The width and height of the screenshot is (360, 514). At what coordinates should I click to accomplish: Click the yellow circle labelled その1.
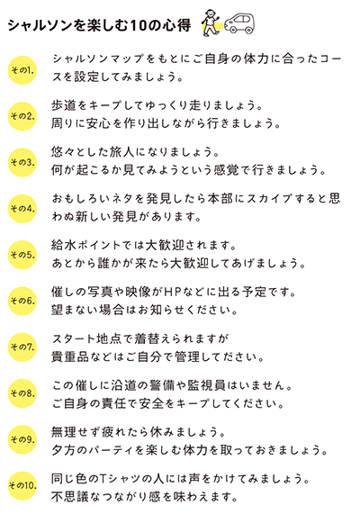tap(22, 70)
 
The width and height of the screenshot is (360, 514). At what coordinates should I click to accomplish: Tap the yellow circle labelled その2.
tap(22, 116)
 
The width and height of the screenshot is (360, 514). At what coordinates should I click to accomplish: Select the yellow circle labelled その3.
tap(22, 163)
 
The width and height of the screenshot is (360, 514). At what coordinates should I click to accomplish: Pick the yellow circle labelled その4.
tap(22, 209)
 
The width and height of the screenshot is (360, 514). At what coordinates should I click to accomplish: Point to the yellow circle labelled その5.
tap(22, 255)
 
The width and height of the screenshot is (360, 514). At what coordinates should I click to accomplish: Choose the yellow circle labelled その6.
tap(22, 301)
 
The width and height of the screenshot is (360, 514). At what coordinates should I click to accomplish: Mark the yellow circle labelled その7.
tap(22, 347)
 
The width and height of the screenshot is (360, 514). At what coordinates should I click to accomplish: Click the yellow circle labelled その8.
tap(22, 393)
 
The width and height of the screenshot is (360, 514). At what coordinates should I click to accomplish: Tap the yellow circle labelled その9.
tap(22, 439)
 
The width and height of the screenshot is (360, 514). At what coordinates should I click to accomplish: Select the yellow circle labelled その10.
tap(22, 486)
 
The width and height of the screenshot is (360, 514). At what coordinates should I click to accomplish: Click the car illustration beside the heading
tap(239, 23)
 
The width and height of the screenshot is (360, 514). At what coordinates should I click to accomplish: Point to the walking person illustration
tap(211, 23)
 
